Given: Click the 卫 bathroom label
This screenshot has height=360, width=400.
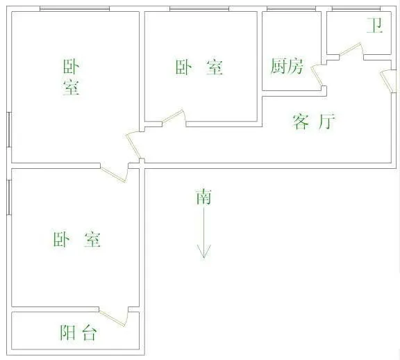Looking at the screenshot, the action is coord(375,25).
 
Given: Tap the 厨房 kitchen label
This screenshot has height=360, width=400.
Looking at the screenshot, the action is coord(287,66).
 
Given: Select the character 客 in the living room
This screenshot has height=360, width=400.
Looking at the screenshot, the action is coord(301,122).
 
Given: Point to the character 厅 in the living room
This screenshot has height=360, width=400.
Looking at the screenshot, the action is coord(326,122).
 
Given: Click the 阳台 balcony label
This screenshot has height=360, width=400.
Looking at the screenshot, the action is coord(78,332).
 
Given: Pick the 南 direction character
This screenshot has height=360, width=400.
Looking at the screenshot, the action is coord(203,197).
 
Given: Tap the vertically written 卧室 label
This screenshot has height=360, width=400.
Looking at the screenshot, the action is coord(71,77).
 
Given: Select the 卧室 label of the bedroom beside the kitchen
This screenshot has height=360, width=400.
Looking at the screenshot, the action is coord(199,67).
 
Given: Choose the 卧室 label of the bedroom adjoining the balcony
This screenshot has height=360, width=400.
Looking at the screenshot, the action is coord(77,239).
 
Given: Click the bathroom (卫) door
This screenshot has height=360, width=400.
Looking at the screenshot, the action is coord(351,51).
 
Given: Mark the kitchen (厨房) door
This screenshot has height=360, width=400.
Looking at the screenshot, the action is coord(318,76).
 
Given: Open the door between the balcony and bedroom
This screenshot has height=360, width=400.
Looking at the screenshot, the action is coord(113,317).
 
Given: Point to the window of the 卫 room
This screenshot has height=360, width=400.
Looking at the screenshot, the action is coord(356,8).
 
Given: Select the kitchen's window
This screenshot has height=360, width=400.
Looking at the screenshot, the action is coord(292,8).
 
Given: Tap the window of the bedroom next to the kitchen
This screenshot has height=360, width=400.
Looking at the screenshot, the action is coord(199,8).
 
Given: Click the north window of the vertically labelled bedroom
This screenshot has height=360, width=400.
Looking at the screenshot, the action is coord(75,8).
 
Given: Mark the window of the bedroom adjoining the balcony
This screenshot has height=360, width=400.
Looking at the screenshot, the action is coord(9,197).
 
